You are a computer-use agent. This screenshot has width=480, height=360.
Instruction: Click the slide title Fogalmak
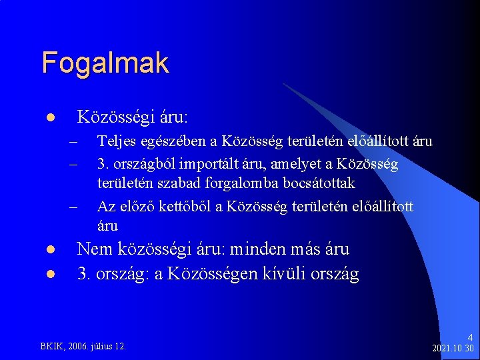coord(105,63)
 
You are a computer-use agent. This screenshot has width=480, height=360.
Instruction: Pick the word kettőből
coord(191,207)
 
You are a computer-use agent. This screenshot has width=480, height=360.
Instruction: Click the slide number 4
coord(469,338)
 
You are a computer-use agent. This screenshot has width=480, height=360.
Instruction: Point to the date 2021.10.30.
coord(453,349)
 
